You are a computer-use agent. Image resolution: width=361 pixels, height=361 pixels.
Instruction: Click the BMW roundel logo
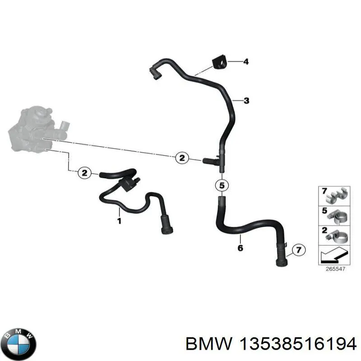click(20, 344)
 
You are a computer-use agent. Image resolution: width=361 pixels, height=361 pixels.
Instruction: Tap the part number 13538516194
click(298, 344)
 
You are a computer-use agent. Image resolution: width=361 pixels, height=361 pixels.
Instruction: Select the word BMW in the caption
click(209, 344)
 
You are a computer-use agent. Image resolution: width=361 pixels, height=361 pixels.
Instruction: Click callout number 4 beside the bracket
click(246, 62)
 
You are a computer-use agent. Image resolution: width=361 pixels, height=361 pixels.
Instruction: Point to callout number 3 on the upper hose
click(246, 101)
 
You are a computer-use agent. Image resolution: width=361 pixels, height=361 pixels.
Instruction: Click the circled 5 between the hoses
click(222, 185)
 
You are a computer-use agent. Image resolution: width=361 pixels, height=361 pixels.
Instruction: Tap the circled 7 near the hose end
click(298, 250)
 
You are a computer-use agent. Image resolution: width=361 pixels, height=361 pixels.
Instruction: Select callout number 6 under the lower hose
click(240, 248)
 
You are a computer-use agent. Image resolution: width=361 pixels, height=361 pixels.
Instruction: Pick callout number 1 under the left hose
click(119, 221)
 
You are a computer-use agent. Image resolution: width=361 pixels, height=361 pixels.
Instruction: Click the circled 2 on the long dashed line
click(182, 158)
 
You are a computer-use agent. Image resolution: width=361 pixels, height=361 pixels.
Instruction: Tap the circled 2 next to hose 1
click(85, 173)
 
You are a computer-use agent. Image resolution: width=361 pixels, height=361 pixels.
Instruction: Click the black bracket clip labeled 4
click(219, 62)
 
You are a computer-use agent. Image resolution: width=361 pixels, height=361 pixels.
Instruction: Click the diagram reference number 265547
click(335, 269)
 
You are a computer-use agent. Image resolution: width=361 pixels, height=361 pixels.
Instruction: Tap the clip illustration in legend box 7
click(337, 196)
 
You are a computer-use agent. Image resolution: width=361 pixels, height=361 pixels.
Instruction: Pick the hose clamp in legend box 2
click(338, 236)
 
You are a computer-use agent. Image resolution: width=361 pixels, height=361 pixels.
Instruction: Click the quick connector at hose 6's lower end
click(281, 257)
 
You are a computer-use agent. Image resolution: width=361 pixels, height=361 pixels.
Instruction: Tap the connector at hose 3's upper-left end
click(156, 72)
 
